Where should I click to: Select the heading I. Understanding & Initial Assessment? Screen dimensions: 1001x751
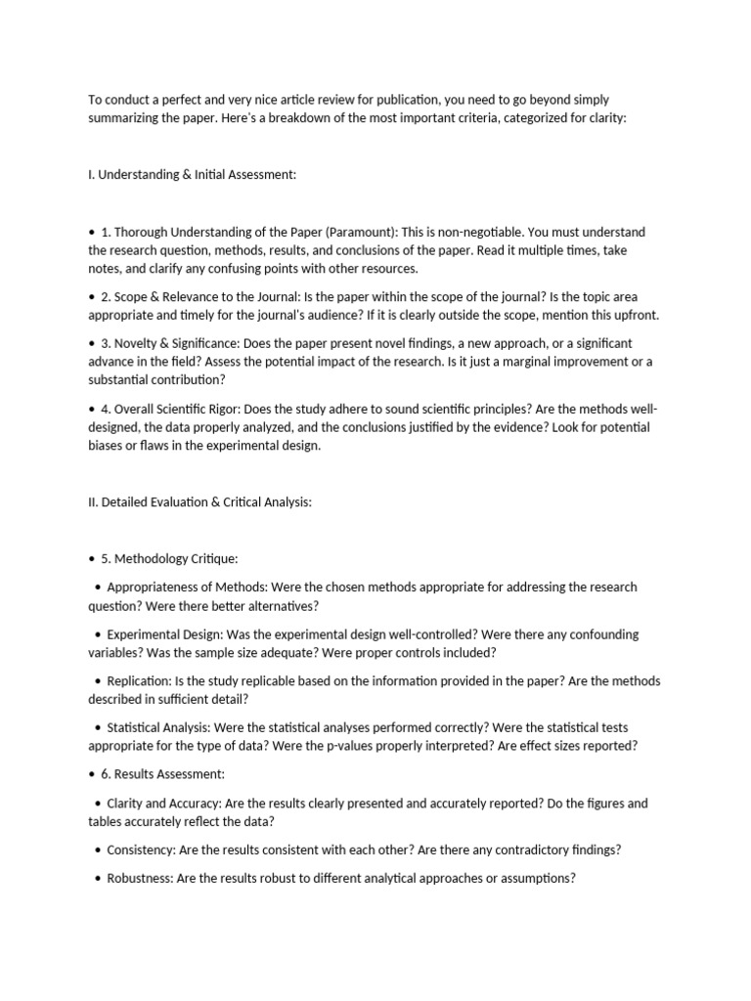click(192, 174)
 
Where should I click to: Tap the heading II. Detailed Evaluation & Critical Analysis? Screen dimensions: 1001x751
click(199, 502)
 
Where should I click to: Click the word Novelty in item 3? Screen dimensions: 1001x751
click(138, 343)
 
